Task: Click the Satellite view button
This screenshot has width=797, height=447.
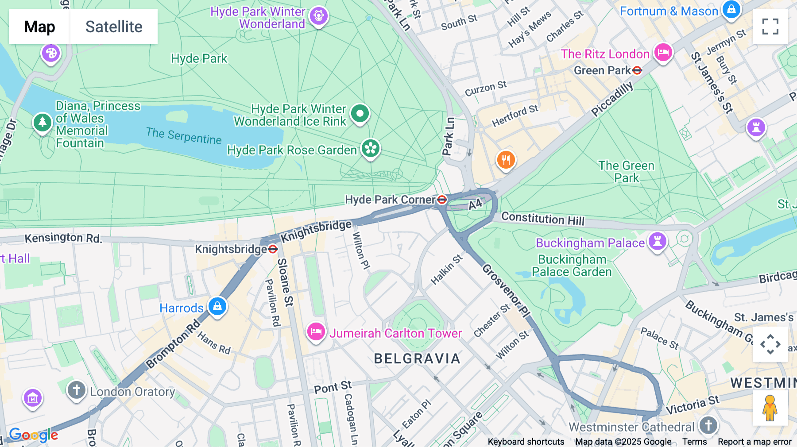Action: coord(114,27)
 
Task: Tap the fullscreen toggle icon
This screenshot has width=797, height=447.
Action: coord(770,27)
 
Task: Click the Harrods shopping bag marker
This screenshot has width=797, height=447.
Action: coord(217,306)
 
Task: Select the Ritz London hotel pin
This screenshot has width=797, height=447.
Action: coord(663,53)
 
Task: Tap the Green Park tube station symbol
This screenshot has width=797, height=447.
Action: coord(637,70)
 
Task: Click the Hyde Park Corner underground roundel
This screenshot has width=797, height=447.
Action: coord(442,200)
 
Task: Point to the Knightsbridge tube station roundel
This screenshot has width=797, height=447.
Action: coord(273,249)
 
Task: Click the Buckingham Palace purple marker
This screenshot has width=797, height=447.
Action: coord(658,242)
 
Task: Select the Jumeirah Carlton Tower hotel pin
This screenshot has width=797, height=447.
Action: coord(316,331)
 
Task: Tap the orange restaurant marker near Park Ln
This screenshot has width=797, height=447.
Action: coord(506,159)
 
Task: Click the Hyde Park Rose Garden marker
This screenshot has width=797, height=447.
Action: coord(371,149)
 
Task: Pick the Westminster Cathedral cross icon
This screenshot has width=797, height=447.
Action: coord(708,426)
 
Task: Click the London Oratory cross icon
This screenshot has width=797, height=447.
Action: coord(76,390)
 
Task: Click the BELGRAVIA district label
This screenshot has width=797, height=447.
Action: coord(417,358)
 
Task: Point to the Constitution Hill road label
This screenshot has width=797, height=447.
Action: coord(543,219)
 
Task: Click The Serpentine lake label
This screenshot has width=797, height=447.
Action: coord(184,136)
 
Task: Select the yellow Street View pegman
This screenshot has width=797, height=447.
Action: coord(770,408)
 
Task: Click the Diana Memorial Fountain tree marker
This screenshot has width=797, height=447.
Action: coord(43,122)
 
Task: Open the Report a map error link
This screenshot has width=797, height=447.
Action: coord(754,442)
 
